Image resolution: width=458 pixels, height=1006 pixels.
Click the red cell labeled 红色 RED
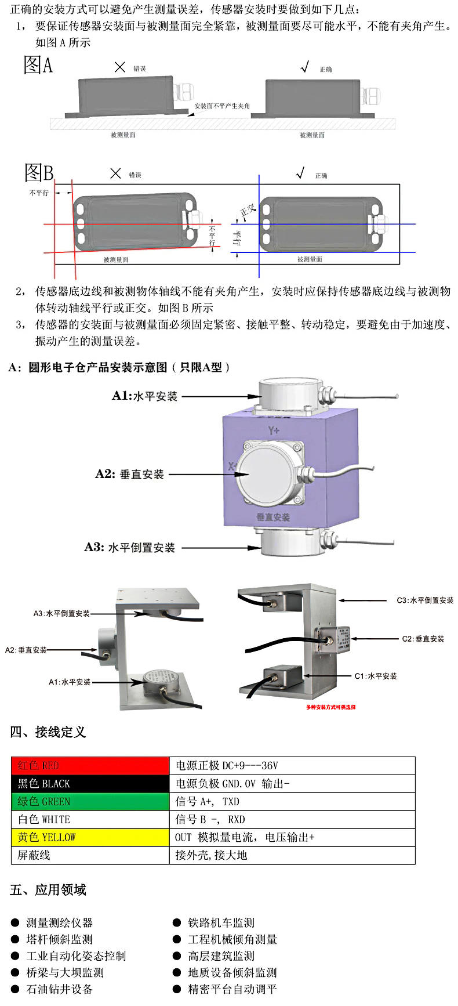point(90,765)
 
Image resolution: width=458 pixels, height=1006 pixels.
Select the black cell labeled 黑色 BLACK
point(90,783)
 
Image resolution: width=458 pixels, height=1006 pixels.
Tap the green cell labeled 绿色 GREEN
point(90,801)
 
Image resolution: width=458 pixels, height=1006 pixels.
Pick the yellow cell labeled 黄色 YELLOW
point(90,837)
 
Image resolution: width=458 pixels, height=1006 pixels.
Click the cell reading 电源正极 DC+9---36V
point(292,765)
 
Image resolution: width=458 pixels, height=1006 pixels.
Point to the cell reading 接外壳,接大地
point(292,855)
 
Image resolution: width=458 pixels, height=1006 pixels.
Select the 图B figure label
point(38,172)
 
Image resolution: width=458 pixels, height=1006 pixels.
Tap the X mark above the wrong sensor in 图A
point(119,67)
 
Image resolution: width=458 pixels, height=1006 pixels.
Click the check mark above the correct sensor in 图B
point(300,173)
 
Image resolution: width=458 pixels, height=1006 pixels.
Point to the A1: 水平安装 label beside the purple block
point(144,396)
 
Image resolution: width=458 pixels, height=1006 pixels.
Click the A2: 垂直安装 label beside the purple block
point(130,474)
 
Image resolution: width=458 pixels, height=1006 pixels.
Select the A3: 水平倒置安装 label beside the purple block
point(129,547)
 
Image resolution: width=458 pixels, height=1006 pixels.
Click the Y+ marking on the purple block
point(274,430)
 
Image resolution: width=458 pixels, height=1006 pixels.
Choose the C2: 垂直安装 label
point(423,639)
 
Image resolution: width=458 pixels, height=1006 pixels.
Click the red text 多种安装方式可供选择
point(330,707)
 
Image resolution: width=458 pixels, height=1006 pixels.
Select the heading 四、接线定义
point(48,732)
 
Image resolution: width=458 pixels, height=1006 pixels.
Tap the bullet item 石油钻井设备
point(59,989)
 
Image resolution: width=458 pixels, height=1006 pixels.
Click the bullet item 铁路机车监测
point(221,922)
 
